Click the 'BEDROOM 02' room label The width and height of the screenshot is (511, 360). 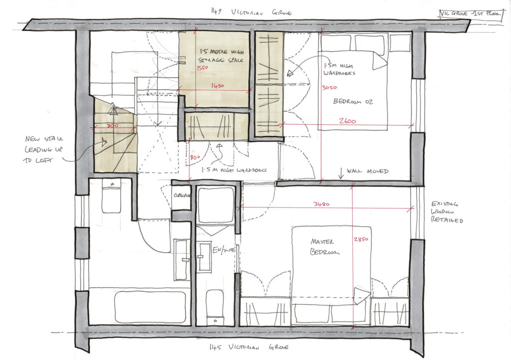coord(353,102)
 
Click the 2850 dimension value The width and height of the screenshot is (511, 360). coord(361,239)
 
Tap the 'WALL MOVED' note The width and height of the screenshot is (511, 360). coord(370,171)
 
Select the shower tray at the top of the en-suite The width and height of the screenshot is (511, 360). coord(216,204)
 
